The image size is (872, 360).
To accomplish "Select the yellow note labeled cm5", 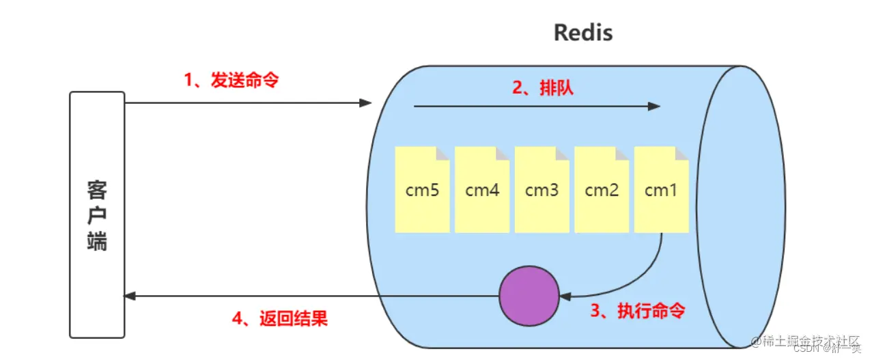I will pos(422,190).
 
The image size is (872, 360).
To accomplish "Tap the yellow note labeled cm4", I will pos(482,190).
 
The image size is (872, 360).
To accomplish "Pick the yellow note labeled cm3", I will pos(542,190).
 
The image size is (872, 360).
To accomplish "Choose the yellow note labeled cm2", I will pos(602,190).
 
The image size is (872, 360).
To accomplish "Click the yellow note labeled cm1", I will pos(661,190).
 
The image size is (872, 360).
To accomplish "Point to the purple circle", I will pos(529,296).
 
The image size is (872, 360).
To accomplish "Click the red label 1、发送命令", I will pos(231,80).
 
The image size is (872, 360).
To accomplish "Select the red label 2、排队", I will pos(543,88).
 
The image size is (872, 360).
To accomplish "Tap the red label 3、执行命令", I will pos(637,311).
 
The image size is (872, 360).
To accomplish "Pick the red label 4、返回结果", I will pos(279,318).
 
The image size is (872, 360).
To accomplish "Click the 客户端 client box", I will pos(97,214).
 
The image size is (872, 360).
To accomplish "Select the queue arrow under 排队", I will pos(537,107).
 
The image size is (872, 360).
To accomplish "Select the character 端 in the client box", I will pos(97,241).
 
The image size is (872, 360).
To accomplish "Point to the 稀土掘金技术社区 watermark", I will pos(810,341).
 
